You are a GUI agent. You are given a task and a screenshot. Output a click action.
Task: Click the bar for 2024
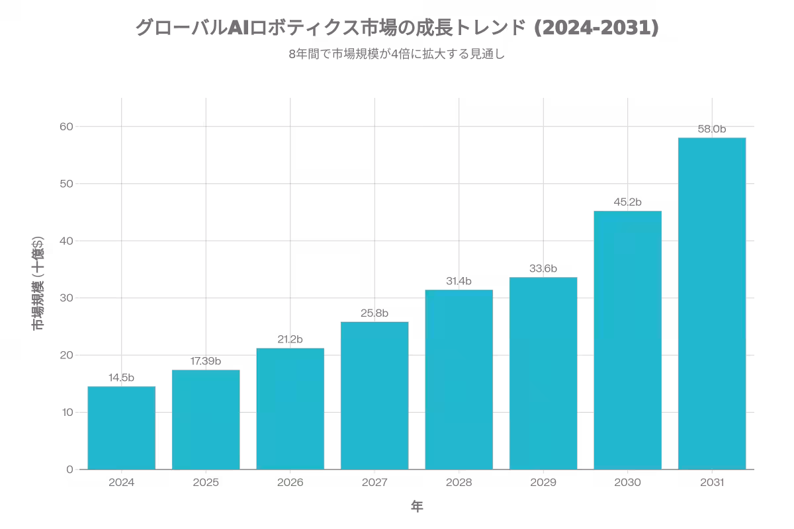pos(122,428)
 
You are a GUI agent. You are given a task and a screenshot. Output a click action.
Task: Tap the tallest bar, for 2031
pos(712,304)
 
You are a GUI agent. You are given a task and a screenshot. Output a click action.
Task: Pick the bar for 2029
pos(543,373)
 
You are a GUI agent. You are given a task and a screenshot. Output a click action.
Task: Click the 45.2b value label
pos(627,202)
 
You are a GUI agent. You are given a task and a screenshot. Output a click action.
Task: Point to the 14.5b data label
pos(122,378)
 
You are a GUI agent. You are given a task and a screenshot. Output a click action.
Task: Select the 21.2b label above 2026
pos(290,340)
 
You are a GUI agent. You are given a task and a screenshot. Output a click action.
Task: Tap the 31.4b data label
pos(459,282)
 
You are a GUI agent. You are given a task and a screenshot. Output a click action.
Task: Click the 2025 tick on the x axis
pos(206,483)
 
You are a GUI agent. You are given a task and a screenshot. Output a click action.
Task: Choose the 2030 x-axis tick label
pos(627,483)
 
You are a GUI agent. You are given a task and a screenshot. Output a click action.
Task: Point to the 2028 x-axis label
pos(459,483)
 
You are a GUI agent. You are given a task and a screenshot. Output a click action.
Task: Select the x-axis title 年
pos(417,507)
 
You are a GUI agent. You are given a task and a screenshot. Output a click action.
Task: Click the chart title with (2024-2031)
pos(397,28)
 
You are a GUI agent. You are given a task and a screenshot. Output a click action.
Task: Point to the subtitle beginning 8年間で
pos(397,55)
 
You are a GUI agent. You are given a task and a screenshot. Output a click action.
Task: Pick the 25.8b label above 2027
pos(375,313)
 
